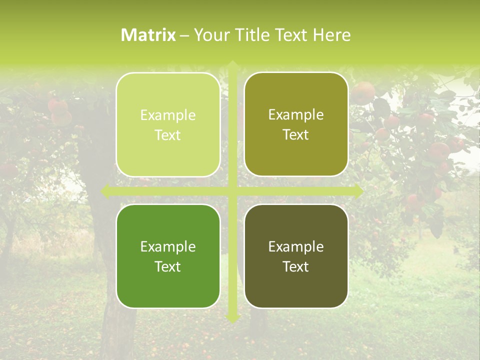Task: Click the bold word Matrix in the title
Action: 148,35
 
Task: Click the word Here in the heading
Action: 331,35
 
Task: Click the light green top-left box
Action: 168,124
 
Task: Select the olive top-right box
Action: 296,124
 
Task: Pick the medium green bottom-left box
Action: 168,256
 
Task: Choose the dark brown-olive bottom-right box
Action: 296,256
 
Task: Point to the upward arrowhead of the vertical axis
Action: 232,64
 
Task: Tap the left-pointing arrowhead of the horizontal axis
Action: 105,191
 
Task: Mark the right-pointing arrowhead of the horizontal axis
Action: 358,191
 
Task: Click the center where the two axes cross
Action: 232,191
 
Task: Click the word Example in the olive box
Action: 296,114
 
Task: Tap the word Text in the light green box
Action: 168,135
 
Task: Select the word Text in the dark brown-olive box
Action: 296,266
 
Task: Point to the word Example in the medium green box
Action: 168,246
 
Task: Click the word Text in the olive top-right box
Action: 296,134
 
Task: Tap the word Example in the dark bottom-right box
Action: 296,246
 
